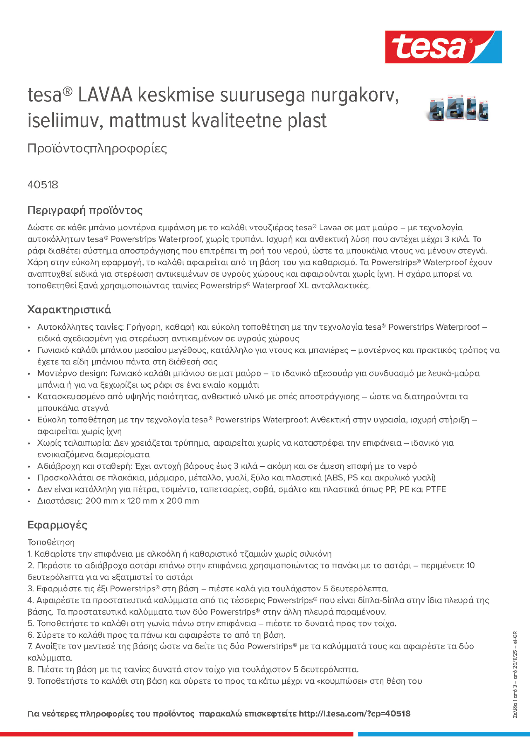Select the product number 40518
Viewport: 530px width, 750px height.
click(x=43, y=185)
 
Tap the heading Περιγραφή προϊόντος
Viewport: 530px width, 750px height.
click(x=85, y=210)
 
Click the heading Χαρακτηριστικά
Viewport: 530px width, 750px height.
click(x=69, y=309)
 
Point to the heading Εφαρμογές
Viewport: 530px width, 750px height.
click(x=57, y=525)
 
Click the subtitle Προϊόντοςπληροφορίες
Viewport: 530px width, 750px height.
click(x=97, y=148)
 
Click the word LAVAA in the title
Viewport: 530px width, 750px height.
click(x=105, y=95)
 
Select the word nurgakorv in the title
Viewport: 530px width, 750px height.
click(x=354, y=95)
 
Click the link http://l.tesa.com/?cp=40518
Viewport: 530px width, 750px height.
click(x=354, y=713)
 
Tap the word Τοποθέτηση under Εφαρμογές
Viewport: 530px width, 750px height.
click(x=51, y=542)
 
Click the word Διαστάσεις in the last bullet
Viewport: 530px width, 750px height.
click(x=60, y=501)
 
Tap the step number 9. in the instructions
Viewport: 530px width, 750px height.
click(x=30, y=681)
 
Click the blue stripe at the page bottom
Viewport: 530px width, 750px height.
click(x=443, y=734)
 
